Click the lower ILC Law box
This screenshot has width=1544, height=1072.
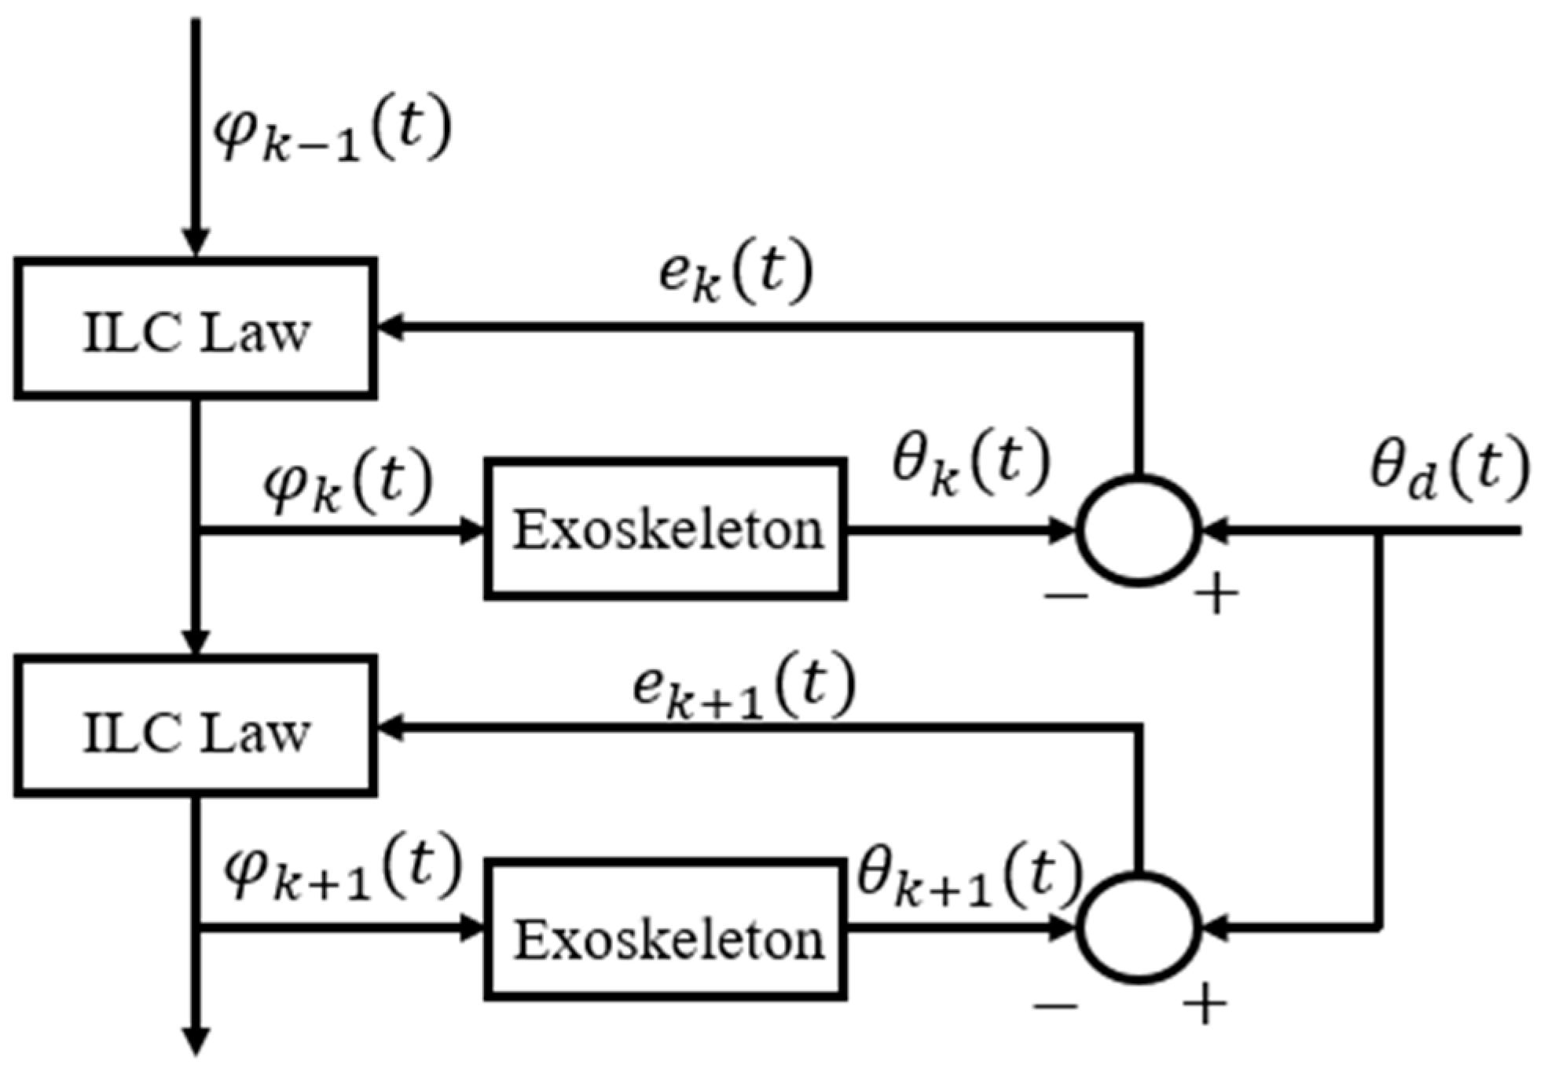click(195, 727)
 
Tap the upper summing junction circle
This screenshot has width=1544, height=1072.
click(1139, 530)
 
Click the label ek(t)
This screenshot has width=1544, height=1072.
click(735, 275)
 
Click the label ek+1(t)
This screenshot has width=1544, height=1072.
click(743, 687)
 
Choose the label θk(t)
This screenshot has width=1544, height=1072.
click(970, 463)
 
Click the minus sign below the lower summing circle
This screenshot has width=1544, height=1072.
click(1055, 1005)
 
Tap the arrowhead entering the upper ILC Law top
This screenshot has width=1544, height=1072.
click(196, 242)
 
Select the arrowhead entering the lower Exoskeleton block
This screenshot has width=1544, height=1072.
click(471, 928)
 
